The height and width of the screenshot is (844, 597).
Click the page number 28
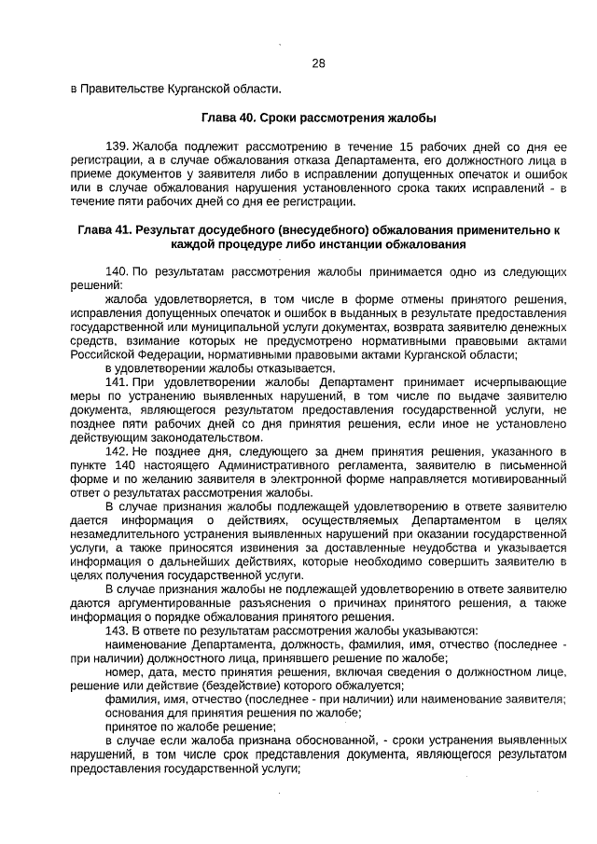(x=317, y=63)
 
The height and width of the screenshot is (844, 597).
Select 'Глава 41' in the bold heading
(x=105, y=229)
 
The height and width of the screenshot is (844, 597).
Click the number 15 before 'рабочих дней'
(x=407, y=147)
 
